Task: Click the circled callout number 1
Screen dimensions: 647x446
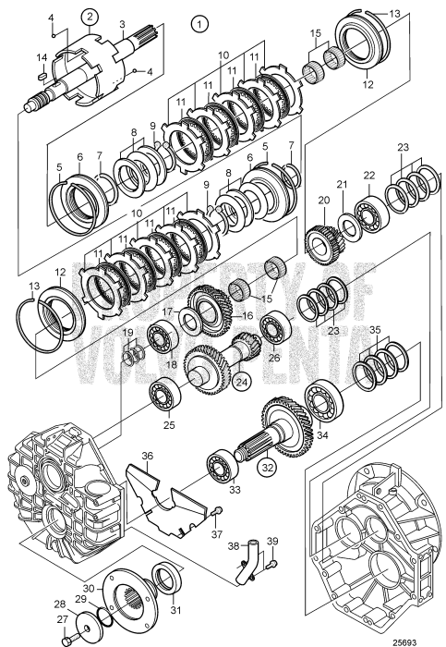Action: (197, 20)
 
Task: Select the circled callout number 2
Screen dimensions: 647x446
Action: (90, 15)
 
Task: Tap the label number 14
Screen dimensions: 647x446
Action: (41, 60)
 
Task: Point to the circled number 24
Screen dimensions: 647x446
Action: (243, 378)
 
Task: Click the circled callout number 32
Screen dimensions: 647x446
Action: (266, 467)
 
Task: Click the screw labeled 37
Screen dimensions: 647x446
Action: (215, 514)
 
